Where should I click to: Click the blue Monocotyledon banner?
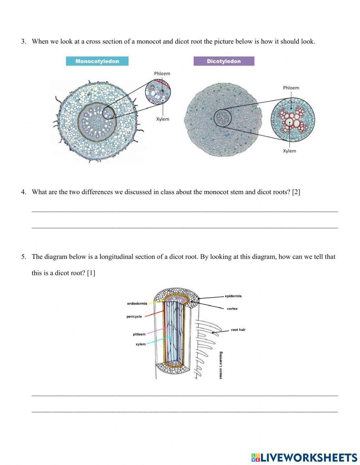click(x=97, y=61)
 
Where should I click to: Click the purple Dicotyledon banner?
click(x=224, y=61)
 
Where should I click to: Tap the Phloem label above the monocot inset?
click(x=162, y=73)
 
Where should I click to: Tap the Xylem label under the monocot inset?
click(x=162, y=119)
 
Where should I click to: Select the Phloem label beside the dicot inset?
click(x=291, y=88)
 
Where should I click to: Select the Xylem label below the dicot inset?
click(x=289, y=151)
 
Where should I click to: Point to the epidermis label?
click(x=233, y=296)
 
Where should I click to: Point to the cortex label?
click(x=232, y=309)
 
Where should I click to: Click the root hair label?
click(x=238, y=330)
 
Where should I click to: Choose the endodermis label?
click(x=137, y=304)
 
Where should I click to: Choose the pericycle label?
click(x=134, y=317)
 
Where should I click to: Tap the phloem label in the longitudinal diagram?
click(x=139, y=334)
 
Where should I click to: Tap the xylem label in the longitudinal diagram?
click(x=141, y=344)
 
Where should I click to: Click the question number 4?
click(x=23, y=192)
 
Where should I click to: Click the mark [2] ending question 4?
click(x=296, y=192)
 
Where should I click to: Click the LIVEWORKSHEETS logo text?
click(x=309, y=457)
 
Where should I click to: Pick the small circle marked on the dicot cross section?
click(x=222, y=119)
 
